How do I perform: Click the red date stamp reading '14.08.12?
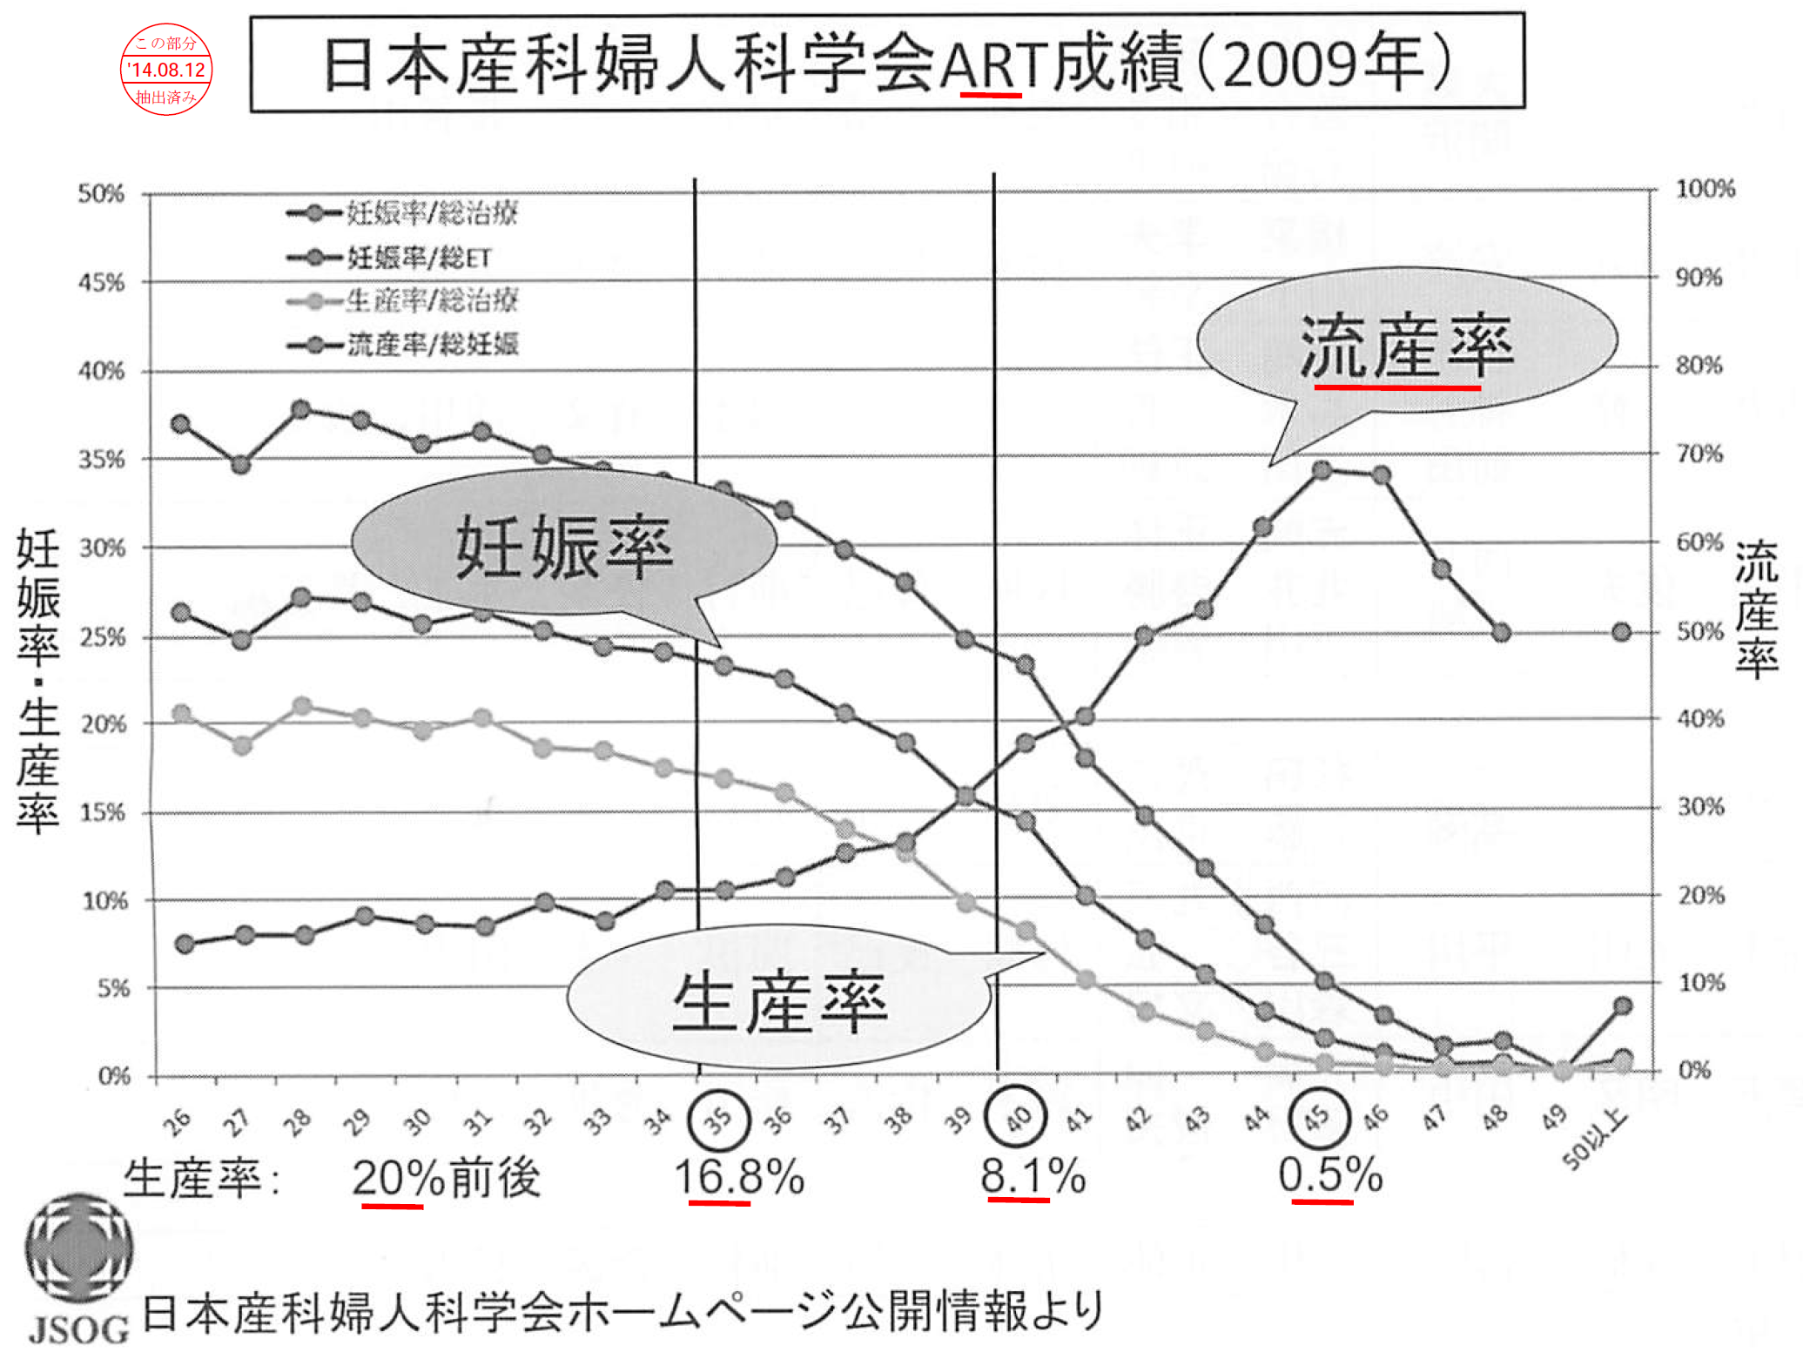pyautogui.click(x=165, y=70)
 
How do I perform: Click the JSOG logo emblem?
pyautogui.click(x=78, y=1247)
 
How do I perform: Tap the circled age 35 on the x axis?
pyautogui.click(x=718, y=1119)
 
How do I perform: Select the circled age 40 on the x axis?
pyautogui.click(x=1016, y=1117)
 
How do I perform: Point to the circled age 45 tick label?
pyautogui.click(x=1318, y=1117)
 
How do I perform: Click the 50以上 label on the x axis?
pyautogui.click(x=1593, y=1141)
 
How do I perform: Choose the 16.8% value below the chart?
pyautogui.click(x=739, y=1177)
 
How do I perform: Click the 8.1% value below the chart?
pyautogui.click(x=1033, y=1176)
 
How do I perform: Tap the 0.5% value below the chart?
pyautogui.click(x=1330, y=1175)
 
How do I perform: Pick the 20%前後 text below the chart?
pyautogui.click(x=446, y=1179)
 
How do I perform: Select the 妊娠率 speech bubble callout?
pyautogui.click(x=564, y=547)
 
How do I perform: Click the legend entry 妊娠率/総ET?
pyautogui.click(x=419, y=258)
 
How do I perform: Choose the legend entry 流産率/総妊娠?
pyautogui.click(x=432, y=345)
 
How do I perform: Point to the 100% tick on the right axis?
pyautogui.click(x=1705, y=189)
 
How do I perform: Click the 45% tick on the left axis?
pyautogui.click(x=101, y=282)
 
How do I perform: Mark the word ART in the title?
pyautogui.click(x=992, y=65)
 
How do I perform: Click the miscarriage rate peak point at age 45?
pyautogui.click(x=1322, y=470)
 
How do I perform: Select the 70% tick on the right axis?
pyautogui.click(x=1699, y=454)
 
